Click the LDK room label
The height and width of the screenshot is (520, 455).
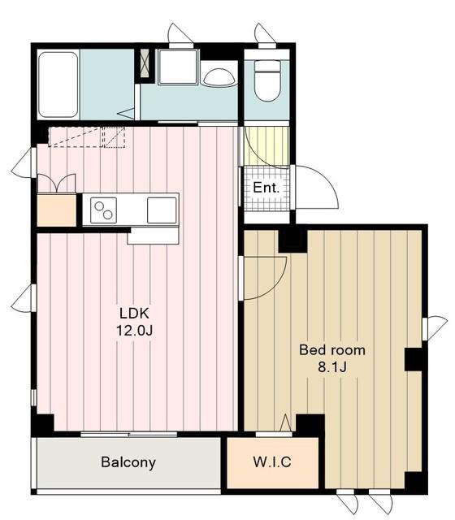coord(134,314)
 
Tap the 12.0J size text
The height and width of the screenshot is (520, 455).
coord(134,331)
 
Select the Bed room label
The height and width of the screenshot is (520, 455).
coord(332,350)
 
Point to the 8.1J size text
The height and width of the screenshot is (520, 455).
coord(332,367)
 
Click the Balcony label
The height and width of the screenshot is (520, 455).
coord(128,462)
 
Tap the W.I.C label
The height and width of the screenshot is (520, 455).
coord(272,461)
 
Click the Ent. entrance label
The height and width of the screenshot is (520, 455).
coord(266,188)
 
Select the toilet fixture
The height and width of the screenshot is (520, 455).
coord(267,80)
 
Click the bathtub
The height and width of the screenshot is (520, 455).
coord(58,84)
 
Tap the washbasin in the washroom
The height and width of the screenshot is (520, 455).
coord(219,78)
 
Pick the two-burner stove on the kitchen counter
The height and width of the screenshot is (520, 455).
coord(103,210)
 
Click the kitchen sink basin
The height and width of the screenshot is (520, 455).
coord(162,210)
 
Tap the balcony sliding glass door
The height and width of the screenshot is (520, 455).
coord(129,434)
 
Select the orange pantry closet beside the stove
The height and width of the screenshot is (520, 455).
coord(56,210)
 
